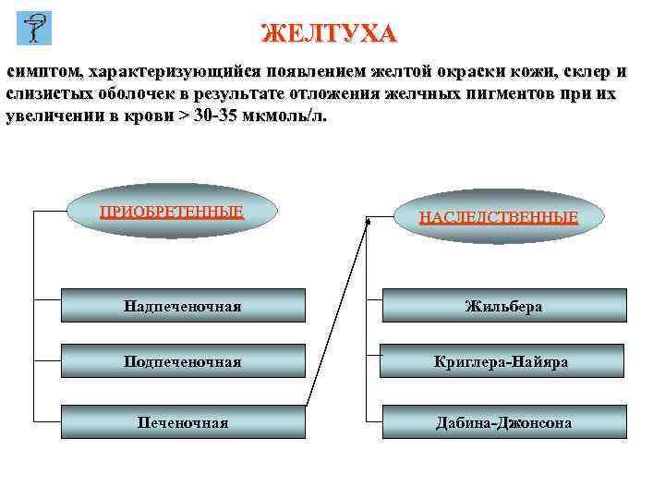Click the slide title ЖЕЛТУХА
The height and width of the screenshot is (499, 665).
(x=330, y=34)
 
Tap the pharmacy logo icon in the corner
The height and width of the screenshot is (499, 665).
(x=35, y=29)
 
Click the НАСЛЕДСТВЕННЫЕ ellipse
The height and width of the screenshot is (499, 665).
(x=499, y=217)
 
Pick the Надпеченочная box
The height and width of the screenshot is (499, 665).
(x=183, y=305)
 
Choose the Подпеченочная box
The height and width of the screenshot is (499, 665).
(x=183, y=361)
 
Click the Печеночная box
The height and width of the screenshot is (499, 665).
(x=183, y=422)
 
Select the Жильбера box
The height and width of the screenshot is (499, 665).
(x=503, y=305)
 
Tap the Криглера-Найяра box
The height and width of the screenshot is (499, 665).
(x=503, y=361)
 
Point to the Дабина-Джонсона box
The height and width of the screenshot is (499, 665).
(x=503, y=422)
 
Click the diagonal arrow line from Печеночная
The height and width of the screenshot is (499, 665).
(x=336, y=314)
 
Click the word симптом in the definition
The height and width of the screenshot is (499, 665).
(x=43, y=72)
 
